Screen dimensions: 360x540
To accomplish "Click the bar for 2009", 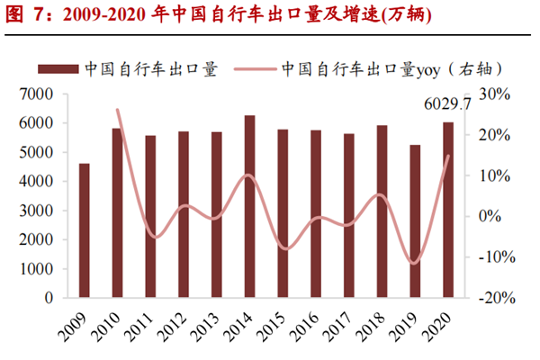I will click(85, 230).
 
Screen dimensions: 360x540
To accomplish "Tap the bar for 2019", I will click(415, 221).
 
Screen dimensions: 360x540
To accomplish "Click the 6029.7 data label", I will click(447, 105).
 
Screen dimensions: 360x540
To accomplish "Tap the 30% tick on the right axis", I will click(494, 94).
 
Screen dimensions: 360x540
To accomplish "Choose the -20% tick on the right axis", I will click(492, 298).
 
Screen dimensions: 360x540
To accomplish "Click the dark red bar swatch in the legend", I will click(58, 69).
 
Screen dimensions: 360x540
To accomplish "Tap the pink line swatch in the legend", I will click(256, 69).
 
